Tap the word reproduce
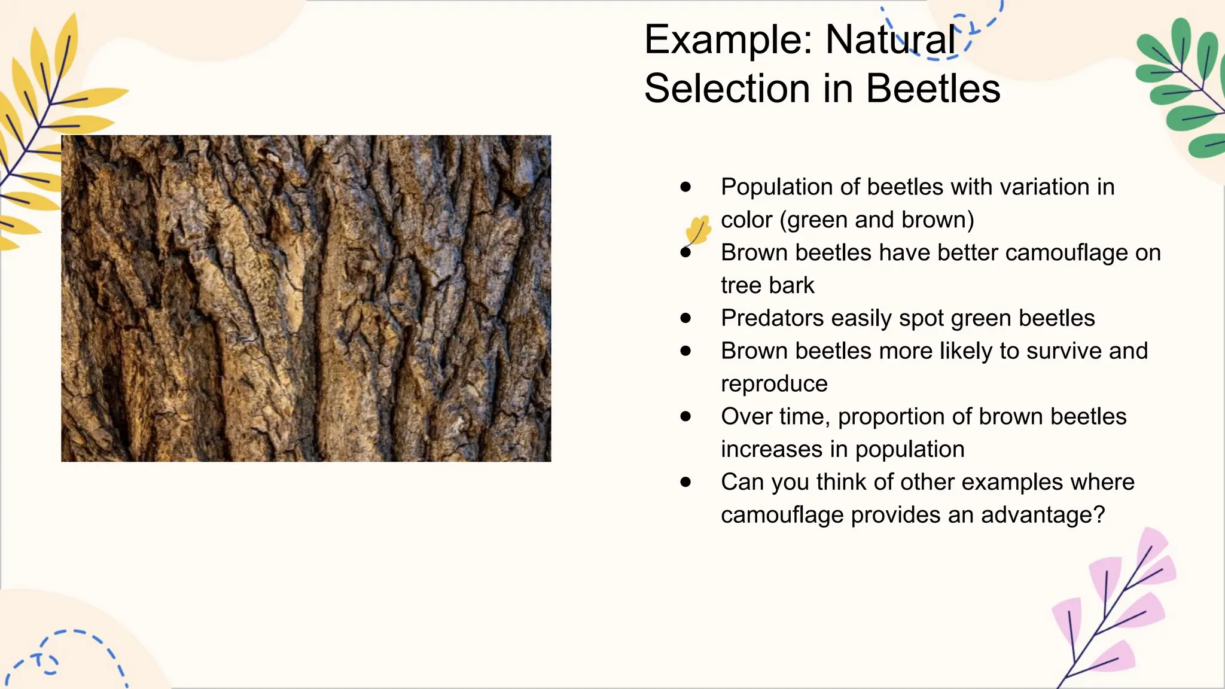[774, 384]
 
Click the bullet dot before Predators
[685, 318]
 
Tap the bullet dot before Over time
[685, 416]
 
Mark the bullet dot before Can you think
[685, 482]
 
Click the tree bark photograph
[306, 298]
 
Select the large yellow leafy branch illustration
[48, 126]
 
